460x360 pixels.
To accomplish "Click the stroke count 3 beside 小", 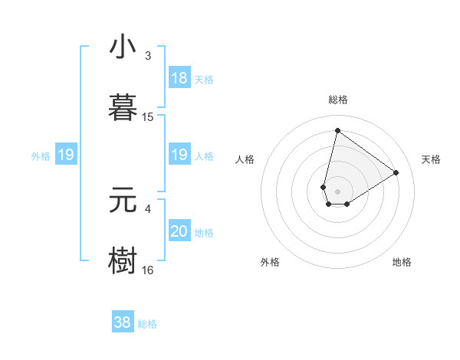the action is (x=148, y=56).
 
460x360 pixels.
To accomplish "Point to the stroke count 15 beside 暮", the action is (x=148, y=117).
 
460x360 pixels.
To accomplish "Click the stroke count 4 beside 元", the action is (x=148, y=208).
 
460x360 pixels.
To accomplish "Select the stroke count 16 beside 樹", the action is (x=148, y=270).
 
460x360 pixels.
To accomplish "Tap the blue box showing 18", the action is (x=179, y=78).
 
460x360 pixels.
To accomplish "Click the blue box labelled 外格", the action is (x=66, y=155).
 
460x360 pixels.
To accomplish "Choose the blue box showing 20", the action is (x=179, y=231).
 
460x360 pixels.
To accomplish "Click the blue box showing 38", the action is (x=123, y=322).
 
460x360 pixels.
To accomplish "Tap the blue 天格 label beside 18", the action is (x=204, y=80).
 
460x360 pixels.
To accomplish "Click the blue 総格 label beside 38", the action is (x=147, y=324).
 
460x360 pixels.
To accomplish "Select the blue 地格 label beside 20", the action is (x=204, y=233).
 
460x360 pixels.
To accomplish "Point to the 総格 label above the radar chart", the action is (x=337, y=100).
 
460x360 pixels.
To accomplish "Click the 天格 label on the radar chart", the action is (x=431, y=159).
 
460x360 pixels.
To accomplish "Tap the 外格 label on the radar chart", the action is (x=270, y=263).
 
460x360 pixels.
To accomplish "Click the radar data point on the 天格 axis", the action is (x=396, y=172).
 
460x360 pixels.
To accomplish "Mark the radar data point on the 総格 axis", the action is (x=337, y=130).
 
